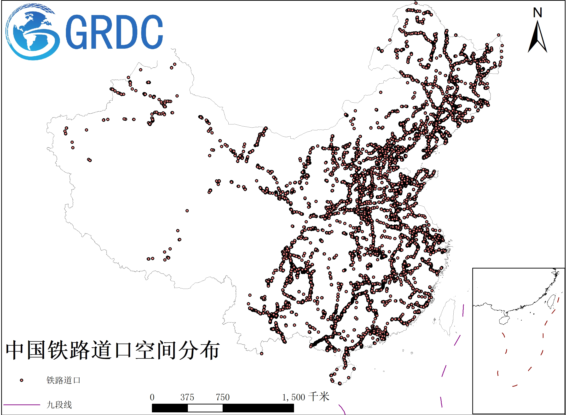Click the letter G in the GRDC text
[x=76, y=32]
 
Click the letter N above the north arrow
[x=537, y=12]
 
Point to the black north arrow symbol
[x=537, y=38]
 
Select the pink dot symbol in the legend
[x=22, y=380]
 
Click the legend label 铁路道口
[x=63, y=380]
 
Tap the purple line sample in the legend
[x=22, y=405]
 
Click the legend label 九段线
[x=59, y=405]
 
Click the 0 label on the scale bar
[x=152, y=397]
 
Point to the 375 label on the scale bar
[x=187, y=397]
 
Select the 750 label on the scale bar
[x=223, y=397]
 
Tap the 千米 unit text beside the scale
[x=319, y=397]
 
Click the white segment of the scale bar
[x=205, y=408]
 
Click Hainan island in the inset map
[x=504, y=320]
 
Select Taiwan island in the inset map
[x=552, y=301]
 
